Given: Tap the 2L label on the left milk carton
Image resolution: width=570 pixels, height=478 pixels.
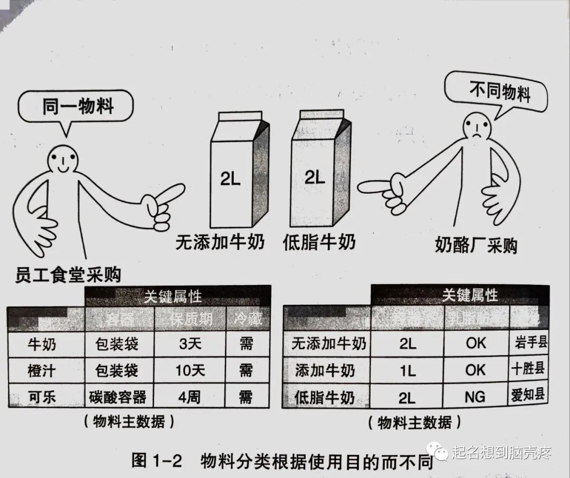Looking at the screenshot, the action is (x=231, y=180).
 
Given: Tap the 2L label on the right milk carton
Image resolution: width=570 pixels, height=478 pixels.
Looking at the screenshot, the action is (x=315, y=177).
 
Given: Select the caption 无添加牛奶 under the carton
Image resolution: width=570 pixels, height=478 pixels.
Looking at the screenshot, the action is (x=220, y=243).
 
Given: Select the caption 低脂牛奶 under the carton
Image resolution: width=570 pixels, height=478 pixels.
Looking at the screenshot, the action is (x=319, y=242).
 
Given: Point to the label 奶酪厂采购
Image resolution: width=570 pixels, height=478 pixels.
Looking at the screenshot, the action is (x=476, y=245).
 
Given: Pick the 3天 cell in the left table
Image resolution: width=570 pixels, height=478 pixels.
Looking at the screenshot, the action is (x=190, y=345).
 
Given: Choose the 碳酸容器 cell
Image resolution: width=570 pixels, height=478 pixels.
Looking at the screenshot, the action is (x=118, y=396).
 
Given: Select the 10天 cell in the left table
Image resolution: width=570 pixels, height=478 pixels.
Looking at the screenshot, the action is (x=190, y=371).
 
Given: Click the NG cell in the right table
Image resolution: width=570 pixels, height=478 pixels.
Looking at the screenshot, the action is (x=475, y=396).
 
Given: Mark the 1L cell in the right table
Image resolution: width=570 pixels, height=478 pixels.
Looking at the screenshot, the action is (x=407, y=370).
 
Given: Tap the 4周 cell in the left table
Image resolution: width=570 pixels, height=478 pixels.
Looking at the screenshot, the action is (x=190, y=396).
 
